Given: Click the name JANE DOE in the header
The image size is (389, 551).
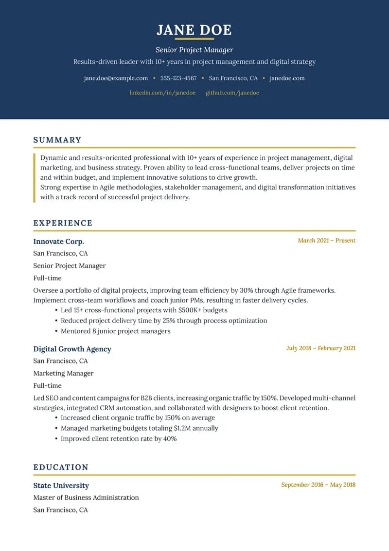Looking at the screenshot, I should coord(194,30).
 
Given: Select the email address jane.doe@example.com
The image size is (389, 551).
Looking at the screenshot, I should coord(116,78).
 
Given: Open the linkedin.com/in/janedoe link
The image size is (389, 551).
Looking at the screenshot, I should coord(162,93).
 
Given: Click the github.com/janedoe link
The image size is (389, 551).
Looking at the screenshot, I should coord(232,93).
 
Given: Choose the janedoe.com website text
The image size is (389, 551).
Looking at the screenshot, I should coord(287,78).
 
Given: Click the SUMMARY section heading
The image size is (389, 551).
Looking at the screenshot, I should coord(57,140).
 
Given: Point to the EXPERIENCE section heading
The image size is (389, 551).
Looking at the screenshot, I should coord(63,223).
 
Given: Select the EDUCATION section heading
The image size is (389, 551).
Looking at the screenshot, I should coord(61,467).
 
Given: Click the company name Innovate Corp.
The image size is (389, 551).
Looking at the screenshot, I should coord(58,241).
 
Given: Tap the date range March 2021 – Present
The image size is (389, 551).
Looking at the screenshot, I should coord(326,240).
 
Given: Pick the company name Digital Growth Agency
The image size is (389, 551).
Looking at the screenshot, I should coord(72,349).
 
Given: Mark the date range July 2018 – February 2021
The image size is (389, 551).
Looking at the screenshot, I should coord(320,348).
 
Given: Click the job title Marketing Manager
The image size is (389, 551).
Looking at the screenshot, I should coord(63,373).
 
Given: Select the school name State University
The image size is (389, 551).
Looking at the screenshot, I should coord(61,485).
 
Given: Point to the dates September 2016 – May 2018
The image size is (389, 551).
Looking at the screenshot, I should coord(318,485).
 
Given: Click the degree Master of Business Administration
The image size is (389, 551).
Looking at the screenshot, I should coord(86,497).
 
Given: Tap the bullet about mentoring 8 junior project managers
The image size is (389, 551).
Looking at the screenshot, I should coord(115,331).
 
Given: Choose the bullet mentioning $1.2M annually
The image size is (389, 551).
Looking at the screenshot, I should coord(139,428).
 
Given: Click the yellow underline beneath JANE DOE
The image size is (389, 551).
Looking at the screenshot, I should coord(194,38).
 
